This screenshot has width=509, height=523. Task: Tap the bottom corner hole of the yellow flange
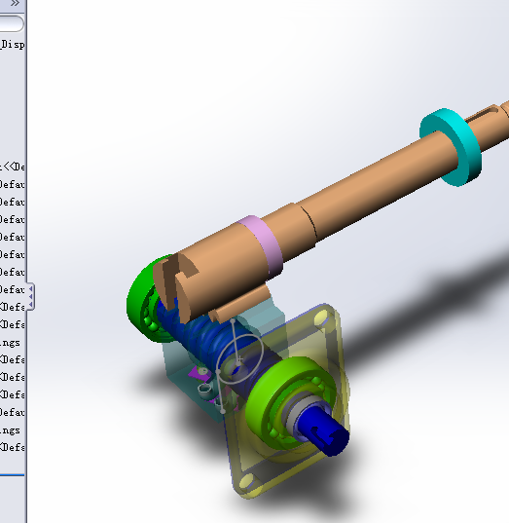246,481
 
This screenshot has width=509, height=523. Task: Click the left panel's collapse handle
30,294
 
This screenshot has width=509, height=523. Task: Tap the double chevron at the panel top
15,4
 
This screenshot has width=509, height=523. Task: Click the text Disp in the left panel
13,44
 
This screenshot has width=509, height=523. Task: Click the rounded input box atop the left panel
12,23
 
